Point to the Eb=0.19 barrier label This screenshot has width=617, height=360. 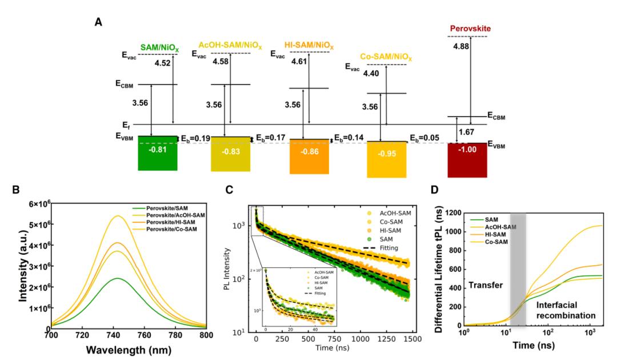click(197, 138)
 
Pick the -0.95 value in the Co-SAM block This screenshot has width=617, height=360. click(386, 153)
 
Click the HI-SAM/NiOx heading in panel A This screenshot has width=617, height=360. click(309, 45)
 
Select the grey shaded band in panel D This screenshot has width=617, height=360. click(518, 269)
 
